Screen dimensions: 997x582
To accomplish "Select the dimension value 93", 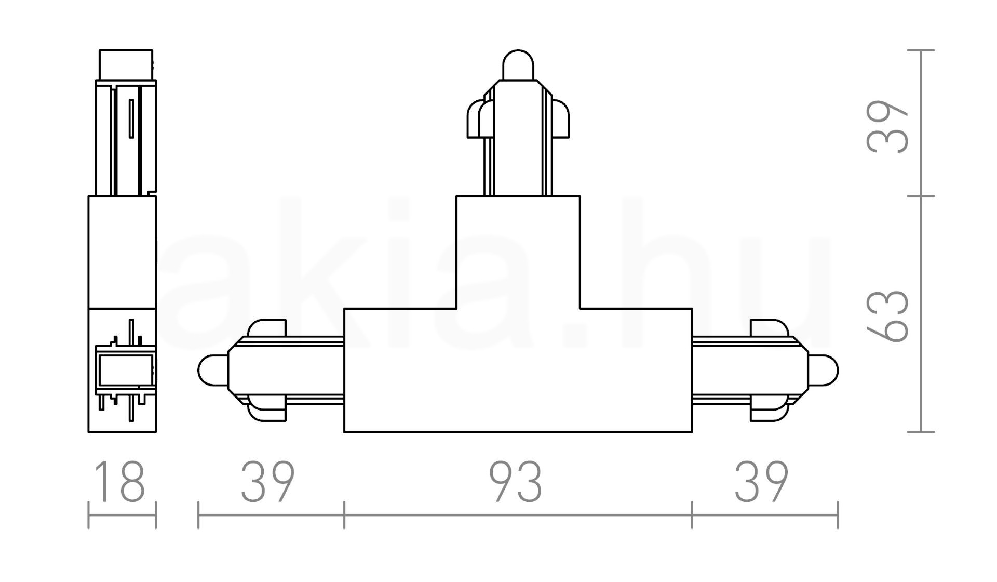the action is click(x=517, y=482).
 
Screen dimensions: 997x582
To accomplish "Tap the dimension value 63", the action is click(x=887, y=316).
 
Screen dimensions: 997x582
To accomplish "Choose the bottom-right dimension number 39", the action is click(x=762, y=482).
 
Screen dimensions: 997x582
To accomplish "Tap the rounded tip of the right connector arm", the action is click(x=823, y=371).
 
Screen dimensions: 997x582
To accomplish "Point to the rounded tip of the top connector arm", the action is click(x=518, y=65).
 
